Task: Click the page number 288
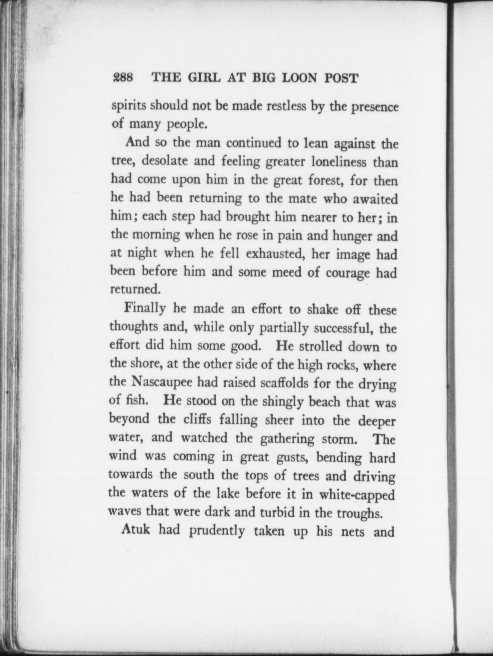[x=123, y=78]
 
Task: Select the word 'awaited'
[x=375, y=199]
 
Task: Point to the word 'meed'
[x=287, y=272]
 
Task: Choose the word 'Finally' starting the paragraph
[x=145, y=309]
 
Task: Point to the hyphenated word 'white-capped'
[x=357, y=494]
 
